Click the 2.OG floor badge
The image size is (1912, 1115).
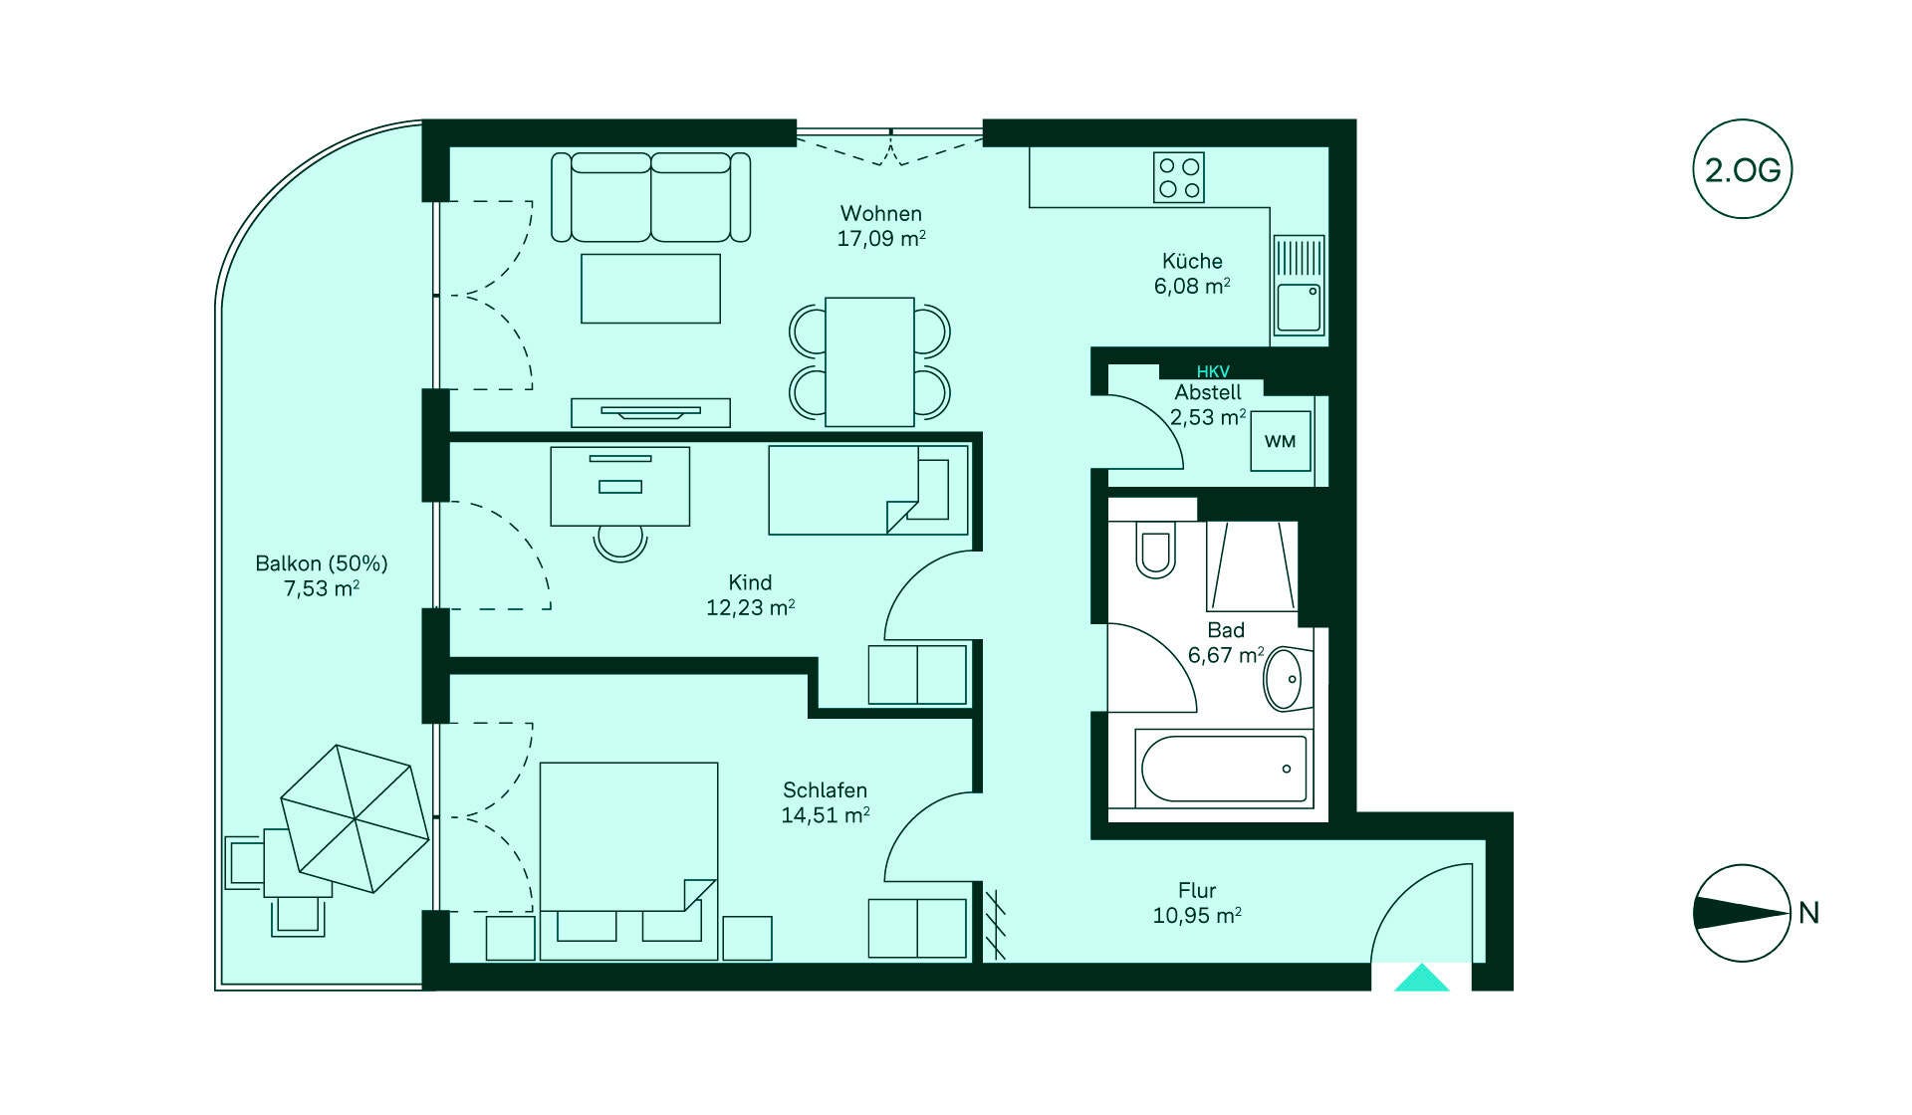[x=1742, y=169]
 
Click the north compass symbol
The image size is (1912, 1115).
[x=1742, y=913]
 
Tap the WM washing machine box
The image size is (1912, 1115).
[x=1281, y=441]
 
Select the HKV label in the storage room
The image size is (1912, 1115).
[x=1213, y=371]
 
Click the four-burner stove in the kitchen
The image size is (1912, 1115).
[x=1179, y=177]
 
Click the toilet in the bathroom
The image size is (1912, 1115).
[x=1155, y=551]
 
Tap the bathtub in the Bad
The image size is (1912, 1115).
[x=1224, y=768]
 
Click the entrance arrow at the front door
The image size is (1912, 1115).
[x=1421, y=978]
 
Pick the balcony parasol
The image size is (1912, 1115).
[x=355, y=818]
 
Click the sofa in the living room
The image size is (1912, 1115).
[x=651, y=197]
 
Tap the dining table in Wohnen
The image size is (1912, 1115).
[x=869, y=361]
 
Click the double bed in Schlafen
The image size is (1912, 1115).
[x=628, y=861]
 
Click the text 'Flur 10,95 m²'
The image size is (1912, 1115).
[x=1197, y=903]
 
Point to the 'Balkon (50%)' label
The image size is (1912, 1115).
[x=322, y=563]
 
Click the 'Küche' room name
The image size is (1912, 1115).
[x=1192, y=261]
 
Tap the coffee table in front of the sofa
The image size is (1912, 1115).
[x=650, y=288]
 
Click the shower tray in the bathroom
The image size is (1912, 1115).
[x=1252, y=565]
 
